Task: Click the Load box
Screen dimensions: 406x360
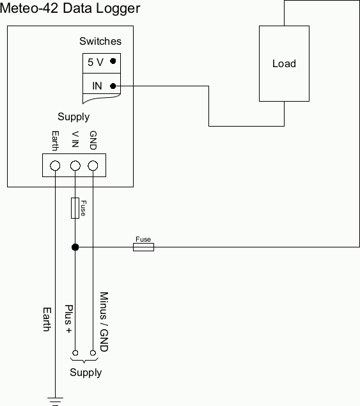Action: pyautogui.click(x=284, y=63)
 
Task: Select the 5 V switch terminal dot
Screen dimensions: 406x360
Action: pyautogui.click(x=113, y=61)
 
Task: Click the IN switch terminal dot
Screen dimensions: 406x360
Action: pyautogui.click(x=113, y=86)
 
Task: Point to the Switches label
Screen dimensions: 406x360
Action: pyautogui.click(x=100, y=42)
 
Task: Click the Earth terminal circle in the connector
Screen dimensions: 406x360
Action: pyautogui.click(x=55, y=166)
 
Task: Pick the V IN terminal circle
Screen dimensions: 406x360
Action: pyautogui.click(x=75, y=166)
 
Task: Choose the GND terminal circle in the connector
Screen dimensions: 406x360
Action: pyautogui.click(x=93, y=166)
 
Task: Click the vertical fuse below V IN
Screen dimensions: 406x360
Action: pyautogui.click(x=75, y=208)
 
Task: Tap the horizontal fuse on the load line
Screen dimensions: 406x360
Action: pyautogui.click(x=143, y=247)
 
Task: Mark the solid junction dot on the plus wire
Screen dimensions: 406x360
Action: pyautogui.click(x=75, y=247)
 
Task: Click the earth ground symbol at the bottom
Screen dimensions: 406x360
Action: pyautogui.click(x=55, y=401)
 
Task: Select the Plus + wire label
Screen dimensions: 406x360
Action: pyautogui.click(x=70, y=319)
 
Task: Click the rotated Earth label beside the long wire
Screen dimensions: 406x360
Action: pyautogui.click(x=46, y=319)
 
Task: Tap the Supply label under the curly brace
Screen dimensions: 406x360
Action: pyautogui.click(x=86, y=373)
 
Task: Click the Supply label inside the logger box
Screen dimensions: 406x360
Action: pyautogui.click(x=74, y=117)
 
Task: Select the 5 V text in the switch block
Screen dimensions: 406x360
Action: pyautogui.click(x=95, y=62)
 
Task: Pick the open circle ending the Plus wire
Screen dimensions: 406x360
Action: pyautogui.click(x=75, y=353)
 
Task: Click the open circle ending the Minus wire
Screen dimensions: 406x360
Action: pyautogui.click(x=93, y=353)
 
